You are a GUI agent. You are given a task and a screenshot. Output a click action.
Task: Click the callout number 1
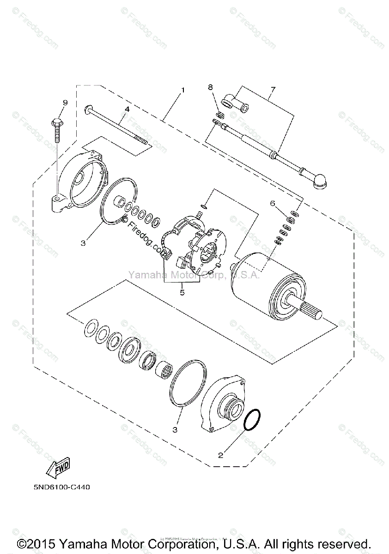point(183,90)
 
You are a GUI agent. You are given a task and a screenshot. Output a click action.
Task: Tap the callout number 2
point(221,455)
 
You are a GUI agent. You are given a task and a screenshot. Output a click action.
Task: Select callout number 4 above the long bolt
point(126,109)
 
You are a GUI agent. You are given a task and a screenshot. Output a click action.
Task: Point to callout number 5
point(182,292)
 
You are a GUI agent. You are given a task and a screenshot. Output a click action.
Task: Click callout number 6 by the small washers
point(273,203)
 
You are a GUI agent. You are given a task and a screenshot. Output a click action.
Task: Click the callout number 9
point(65,102)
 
